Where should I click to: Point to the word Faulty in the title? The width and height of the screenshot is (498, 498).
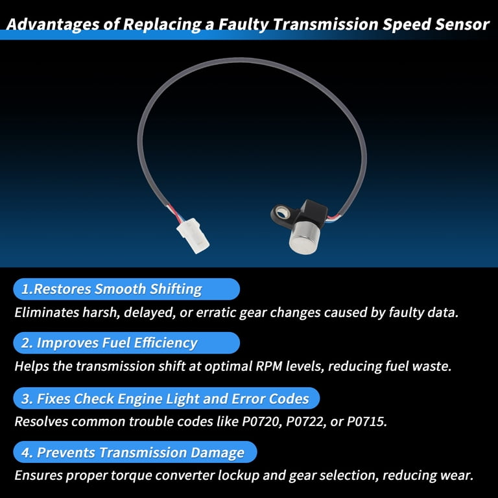(244, 24)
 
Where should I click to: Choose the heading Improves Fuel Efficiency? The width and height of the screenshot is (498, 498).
(117, 343)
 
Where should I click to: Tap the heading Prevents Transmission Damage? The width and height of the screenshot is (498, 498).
(140, 452)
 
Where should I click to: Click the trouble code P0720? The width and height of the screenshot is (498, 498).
(262, 421)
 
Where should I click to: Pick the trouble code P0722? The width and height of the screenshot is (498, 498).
(306, 421)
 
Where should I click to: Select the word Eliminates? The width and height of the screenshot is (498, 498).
(47, 313)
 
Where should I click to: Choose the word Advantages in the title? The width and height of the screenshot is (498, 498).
(53, 25)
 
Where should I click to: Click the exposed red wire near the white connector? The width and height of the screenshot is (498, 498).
(174, 212)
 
